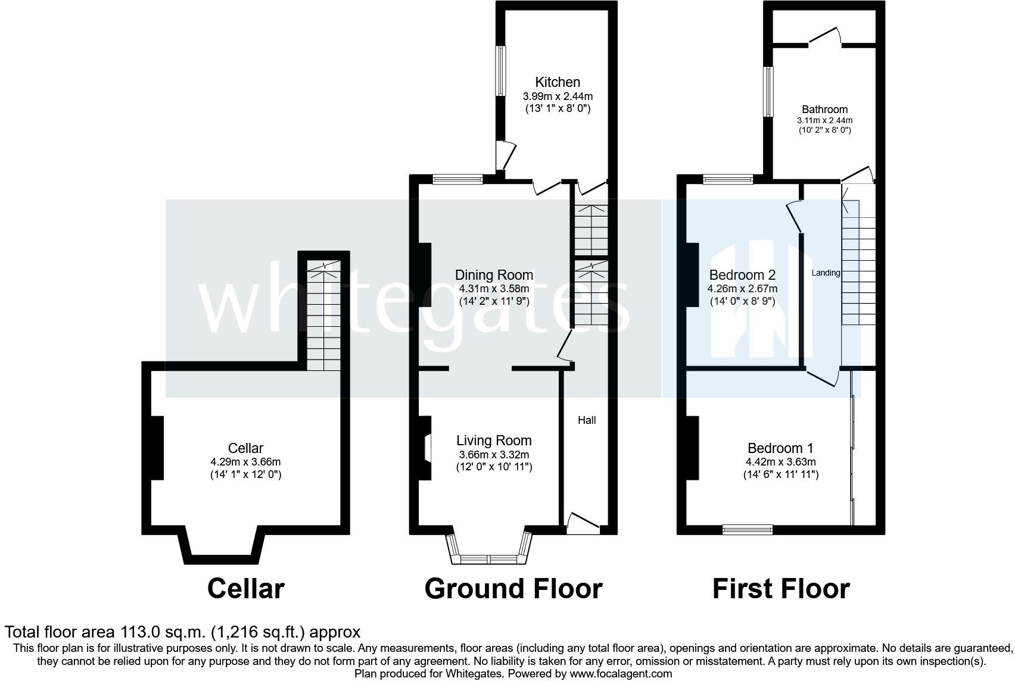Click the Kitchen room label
[558, 82]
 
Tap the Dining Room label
[494, 275]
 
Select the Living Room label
[494, 440]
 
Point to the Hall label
[587, 420]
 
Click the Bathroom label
[824, 109]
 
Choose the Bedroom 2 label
[742, 275]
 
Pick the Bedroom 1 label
[780, 448]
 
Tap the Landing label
[826, 273]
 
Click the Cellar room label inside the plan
[245, 448]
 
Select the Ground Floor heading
[513, 589]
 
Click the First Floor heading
[781, 589]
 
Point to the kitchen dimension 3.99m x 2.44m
[558, 96]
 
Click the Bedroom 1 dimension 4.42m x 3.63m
[781, 462]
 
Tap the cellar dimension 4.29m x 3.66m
[245, 462]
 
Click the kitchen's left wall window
[501, 71]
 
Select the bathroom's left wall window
[768, 92]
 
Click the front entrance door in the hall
[583, 524]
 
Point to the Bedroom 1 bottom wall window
[748, 530]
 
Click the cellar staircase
[323, 315]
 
